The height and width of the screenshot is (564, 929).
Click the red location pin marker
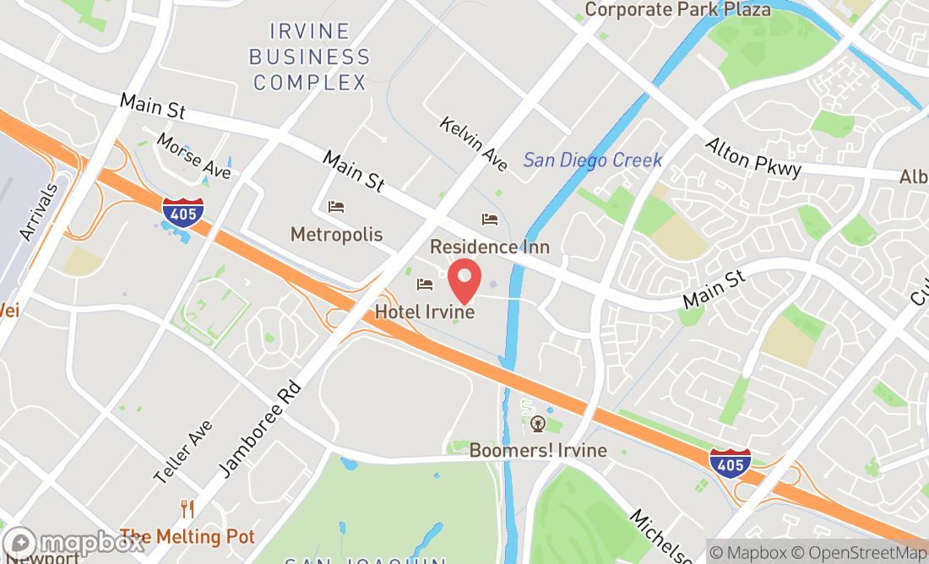coord(464,279)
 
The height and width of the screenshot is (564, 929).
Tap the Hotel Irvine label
coord(425,312)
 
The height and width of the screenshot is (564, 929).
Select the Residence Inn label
coord(490,247)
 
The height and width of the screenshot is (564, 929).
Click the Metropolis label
coord(337,235)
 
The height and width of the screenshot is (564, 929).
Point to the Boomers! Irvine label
coord(538,450)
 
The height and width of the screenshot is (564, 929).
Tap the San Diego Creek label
coord(593,160)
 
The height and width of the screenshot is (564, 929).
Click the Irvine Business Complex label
coord(311,57)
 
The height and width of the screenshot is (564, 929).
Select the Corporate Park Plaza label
coord(677,9)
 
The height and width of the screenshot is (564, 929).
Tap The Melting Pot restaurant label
coord(187,537)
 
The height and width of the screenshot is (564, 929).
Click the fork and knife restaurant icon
coord(187,509)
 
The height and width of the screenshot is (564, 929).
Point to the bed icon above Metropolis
coord(336,207)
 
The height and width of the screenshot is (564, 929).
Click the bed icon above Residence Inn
coord(490,220)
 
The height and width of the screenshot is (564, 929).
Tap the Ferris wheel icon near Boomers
coord(538,423)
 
